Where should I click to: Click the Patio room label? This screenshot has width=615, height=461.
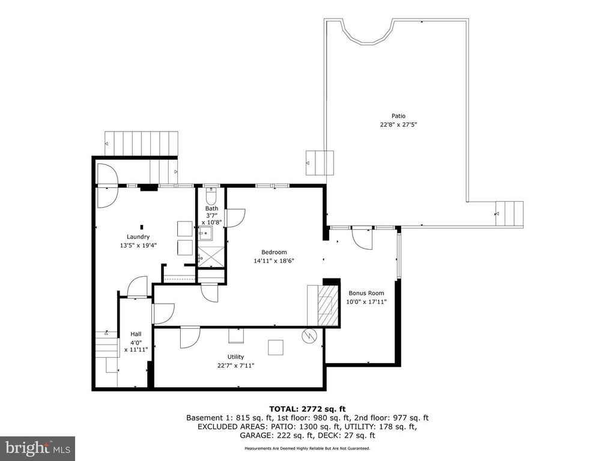pos(399,116)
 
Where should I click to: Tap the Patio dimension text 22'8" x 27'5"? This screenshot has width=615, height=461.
pos(399,125)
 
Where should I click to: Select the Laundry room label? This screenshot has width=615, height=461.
pos(138,237)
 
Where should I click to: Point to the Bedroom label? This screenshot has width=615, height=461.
pos(274,252)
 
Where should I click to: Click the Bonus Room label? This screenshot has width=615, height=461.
pos(366,293)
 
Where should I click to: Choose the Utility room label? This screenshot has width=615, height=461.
pos(235,357)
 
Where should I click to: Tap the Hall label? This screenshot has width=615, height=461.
pos(136,334)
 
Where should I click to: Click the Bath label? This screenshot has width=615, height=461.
pos(212,208)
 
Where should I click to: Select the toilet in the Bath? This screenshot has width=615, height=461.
pos(211,194)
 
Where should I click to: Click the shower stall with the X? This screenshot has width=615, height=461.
pos(211,257)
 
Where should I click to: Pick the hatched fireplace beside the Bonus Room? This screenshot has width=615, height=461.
pos(328,306)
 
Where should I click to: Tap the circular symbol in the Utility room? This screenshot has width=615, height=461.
pos(309,336)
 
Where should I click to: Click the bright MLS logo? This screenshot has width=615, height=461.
pos(37,447)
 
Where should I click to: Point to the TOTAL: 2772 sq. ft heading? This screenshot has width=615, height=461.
pos(307,409)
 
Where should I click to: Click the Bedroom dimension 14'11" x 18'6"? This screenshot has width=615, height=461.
pos(274,261)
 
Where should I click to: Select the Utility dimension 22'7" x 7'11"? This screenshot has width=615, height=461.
pos(235,366)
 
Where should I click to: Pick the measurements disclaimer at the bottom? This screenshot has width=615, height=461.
pos(307,448)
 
